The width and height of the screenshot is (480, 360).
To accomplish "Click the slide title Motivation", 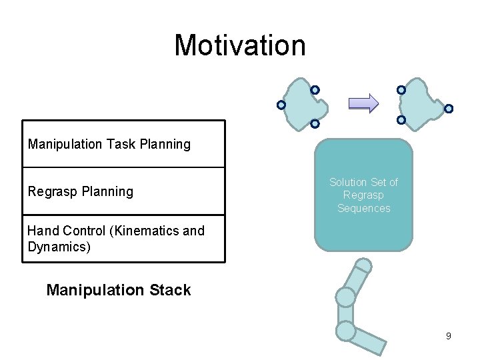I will pos(240,45).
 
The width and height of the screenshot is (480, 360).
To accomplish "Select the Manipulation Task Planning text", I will pos(109,144).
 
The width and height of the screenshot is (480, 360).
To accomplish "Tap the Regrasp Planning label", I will pos(81,192).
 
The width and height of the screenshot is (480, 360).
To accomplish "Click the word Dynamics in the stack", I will pos(59,246).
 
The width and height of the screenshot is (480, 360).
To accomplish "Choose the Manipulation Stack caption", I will pos(119,290).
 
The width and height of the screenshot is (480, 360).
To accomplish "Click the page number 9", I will pos(449,336).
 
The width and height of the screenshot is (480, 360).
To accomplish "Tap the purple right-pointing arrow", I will pos(364,103).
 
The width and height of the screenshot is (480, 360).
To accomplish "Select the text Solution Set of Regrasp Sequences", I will pos(364,195).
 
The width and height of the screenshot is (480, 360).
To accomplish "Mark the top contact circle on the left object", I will pos(315,89).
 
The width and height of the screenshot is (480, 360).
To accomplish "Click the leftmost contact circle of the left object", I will pos(281,105).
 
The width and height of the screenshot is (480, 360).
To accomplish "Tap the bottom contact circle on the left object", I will pos(315,123).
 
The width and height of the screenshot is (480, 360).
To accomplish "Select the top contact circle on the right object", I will pos(401,89).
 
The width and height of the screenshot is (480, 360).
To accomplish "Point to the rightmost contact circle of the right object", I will pos(449,108).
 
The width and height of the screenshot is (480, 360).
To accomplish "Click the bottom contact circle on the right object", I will pos(401,120).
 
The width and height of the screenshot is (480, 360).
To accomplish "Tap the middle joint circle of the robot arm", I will pos(345,297).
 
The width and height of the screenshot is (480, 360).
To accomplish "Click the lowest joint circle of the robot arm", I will pos(345,330).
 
